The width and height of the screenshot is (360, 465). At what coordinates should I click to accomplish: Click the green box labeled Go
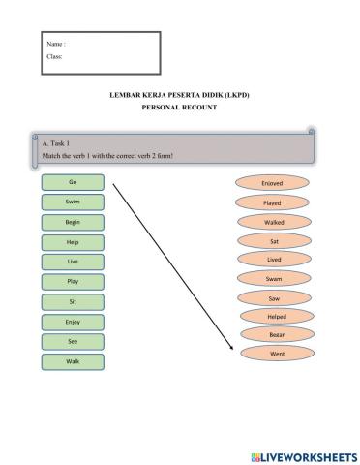(x=73, y=182)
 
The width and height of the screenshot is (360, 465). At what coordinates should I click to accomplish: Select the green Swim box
(x=73, y=202)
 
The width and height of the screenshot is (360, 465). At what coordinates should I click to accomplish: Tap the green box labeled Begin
(x=73, y=222)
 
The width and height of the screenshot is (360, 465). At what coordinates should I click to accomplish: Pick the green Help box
(x=73, y=242)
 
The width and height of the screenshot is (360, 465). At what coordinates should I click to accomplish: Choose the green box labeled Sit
(x=73, y=301)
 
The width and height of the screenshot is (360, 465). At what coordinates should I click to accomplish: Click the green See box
(x=73, y=341)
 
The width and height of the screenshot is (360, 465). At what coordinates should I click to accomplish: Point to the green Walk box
(x=73, y=361)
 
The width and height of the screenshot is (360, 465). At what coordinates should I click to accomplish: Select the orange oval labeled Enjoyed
(x=273, y=182)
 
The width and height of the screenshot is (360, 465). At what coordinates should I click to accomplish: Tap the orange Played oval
(x=273, y=203)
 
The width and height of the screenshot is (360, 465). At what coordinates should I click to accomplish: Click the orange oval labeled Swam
(x=274, y=279)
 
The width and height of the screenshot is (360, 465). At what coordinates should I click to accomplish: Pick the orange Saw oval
(x=274, y=298)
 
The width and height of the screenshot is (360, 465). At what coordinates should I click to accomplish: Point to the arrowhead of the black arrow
(x=232, y=351)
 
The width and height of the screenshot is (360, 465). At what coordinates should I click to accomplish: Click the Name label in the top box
(x=56, y=45)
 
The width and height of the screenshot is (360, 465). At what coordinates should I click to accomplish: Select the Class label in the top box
(x=54, y=57)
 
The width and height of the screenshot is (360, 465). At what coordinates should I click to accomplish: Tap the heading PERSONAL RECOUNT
(x=180, y=108)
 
